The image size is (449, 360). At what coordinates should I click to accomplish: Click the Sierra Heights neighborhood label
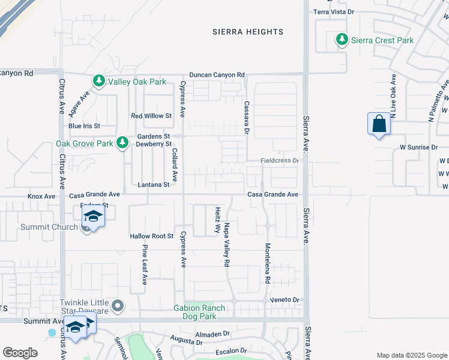248,32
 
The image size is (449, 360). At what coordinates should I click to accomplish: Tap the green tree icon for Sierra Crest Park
342,40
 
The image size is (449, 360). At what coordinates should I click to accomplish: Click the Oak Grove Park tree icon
122,143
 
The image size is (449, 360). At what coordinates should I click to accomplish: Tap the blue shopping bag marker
379,124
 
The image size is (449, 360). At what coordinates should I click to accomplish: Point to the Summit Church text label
49,227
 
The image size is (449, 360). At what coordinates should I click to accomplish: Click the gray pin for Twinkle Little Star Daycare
118,307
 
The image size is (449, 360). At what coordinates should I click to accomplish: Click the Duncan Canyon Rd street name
217,74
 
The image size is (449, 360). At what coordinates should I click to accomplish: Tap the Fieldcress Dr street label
279,161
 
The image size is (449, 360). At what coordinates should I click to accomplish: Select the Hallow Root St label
151,236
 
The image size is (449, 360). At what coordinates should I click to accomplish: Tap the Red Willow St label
151,116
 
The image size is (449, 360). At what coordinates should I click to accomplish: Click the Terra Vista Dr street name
334,11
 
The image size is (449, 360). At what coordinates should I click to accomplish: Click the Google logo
20,353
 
